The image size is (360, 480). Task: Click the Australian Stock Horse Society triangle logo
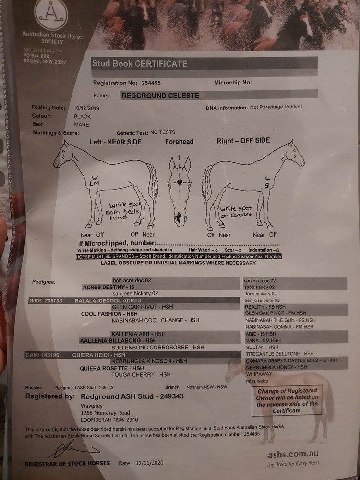[51, 15]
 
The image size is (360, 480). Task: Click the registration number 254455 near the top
[149, 83]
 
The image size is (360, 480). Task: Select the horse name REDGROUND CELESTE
[160, 96]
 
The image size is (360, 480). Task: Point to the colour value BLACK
[82, 116]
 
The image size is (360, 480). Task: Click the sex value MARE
[81, 124]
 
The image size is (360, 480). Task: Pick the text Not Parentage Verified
[276, 107]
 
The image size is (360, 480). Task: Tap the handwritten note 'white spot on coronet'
[236, 212]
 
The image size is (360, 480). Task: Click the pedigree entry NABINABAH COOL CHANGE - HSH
[155, 320]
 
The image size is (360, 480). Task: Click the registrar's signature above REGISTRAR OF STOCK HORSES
[68, 450]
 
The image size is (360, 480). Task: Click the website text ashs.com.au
[293, 454]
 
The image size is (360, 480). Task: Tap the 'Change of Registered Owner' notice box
[287, 401]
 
